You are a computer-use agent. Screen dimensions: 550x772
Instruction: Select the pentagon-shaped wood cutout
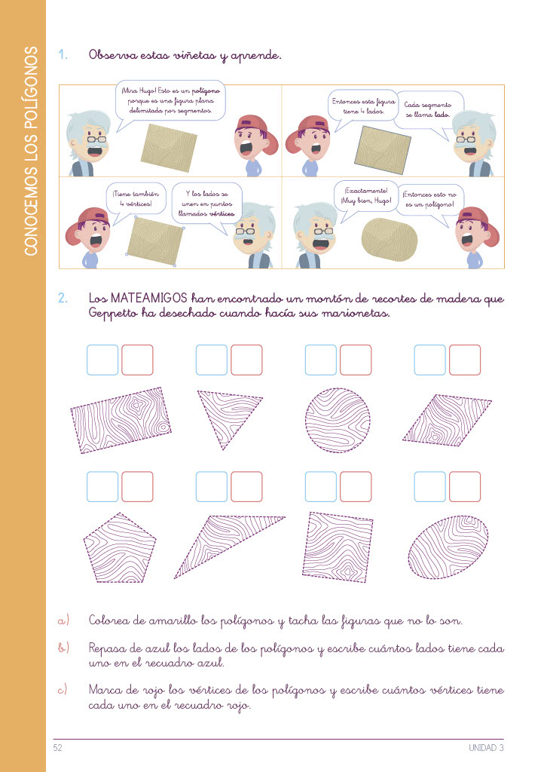click(120, 548)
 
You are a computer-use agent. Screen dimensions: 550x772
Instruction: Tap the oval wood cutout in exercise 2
click(448, 547)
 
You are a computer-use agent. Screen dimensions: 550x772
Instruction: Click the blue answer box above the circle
click(321, 360)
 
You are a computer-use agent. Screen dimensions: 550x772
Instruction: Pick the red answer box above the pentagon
click(137, 487)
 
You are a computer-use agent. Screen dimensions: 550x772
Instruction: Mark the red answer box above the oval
click(465, 487)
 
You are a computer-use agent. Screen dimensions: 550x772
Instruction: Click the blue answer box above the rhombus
click(430, 360)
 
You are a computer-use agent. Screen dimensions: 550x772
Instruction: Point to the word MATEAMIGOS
click(149, 298)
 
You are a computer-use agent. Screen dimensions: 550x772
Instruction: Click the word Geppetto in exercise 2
click(113, 314)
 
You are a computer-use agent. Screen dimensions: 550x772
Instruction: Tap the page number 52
click(57, 747)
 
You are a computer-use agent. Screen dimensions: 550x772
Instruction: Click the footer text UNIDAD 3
click(486, 747)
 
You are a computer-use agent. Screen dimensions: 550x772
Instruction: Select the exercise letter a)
click(63, 620)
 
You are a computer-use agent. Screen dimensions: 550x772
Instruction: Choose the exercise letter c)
click(63, 689)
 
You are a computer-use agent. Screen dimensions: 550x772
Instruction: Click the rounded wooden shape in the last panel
click(389, 240)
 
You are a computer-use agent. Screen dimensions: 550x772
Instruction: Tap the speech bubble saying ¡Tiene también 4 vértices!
click(136, 200)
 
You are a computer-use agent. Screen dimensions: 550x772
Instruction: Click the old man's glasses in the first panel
click(96, 139)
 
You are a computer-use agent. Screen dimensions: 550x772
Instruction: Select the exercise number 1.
click(63, 54)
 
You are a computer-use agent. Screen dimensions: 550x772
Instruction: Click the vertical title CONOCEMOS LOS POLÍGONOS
click(30, 151)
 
